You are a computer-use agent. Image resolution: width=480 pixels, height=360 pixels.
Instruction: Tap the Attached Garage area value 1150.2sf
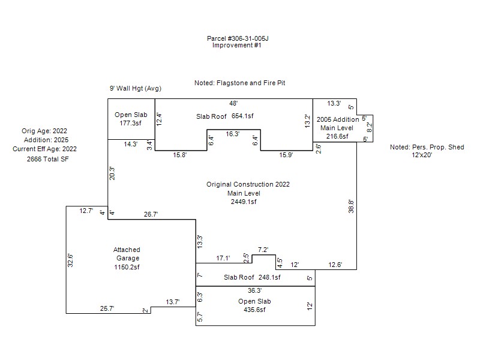[127, 267]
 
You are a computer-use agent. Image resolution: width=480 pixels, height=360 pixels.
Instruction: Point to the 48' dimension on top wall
[233, 103]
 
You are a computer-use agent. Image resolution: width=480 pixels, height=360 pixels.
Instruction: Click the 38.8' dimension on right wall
[352, 206]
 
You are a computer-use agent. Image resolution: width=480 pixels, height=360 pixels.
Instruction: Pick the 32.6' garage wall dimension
[70, 259]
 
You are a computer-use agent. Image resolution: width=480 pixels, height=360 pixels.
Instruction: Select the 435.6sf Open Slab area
[252, 310]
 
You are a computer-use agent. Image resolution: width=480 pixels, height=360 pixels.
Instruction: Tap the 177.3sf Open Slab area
[131, 123]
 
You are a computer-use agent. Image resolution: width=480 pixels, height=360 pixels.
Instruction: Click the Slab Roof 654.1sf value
[242, 116]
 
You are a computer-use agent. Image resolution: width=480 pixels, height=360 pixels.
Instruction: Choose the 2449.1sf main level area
[244, 202]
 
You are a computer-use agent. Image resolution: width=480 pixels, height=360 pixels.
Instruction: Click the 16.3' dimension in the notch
[233, 134]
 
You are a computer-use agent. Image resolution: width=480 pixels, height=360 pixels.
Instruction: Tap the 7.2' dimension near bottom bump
[263, 250]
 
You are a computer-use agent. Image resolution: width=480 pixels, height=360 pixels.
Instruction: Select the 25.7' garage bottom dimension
[107, 308]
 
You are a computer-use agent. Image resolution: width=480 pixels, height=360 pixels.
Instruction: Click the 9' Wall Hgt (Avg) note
[135, 89]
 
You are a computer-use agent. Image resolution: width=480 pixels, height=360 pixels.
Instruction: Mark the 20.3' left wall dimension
[112, 173]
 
